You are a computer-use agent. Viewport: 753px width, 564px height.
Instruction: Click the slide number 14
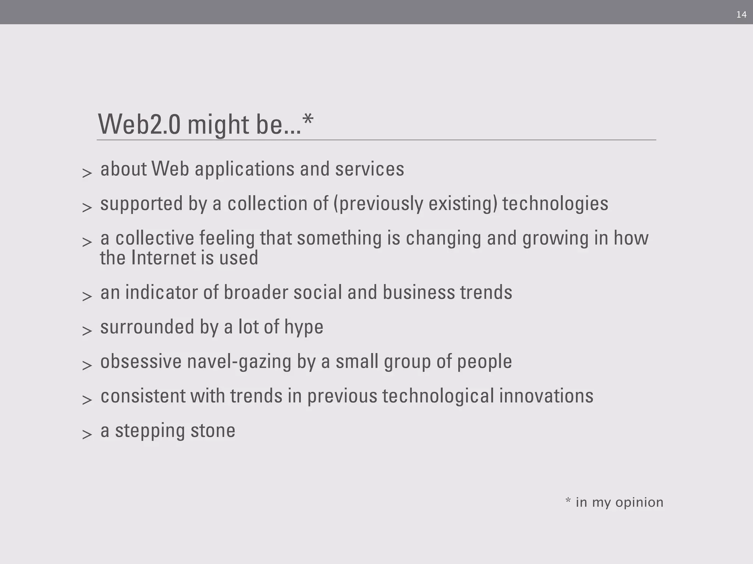point(741,15)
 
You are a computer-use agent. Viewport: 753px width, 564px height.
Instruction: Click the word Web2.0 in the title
point(139,124)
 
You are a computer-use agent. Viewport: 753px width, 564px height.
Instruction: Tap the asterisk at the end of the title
point(308,119)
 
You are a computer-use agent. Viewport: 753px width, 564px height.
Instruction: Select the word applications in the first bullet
point(245,170)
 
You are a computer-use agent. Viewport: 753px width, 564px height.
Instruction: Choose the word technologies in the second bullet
point(555,204)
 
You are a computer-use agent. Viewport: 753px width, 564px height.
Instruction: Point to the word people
point(484,362)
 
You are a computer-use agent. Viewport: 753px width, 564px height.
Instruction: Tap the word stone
point(213,431)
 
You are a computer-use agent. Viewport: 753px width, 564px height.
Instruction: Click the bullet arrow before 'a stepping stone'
point(87,434)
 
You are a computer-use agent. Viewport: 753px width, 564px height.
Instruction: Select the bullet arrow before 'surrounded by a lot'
point(87,330)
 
